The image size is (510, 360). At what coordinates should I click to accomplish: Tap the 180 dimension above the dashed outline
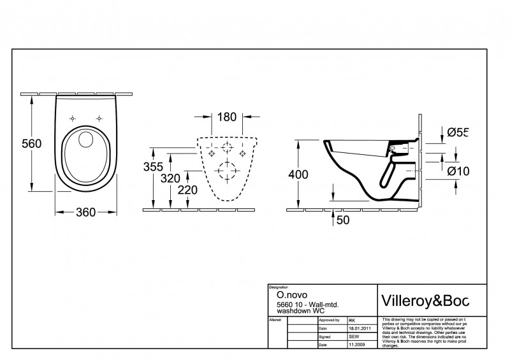[226, 117]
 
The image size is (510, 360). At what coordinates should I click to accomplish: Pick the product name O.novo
[289, 296]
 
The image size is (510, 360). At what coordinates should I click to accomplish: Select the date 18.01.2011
[358, 327]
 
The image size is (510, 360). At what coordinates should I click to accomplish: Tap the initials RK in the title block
[352, 320]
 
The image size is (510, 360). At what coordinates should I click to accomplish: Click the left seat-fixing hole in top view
[73, 118]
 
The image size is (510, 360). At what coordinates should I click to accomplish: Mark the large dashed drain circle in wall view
[225, 172]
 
